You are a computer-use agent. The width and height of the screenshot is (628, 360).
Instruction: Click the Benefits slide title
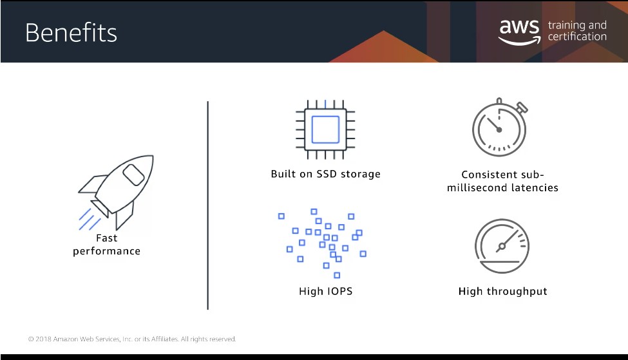tap(71, 32)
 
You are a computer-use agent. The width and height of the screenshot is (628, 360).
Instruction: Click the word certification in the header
tap(577, 37)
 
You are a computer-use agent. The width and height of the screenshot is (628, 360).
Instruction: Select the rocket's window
tap(133, 175)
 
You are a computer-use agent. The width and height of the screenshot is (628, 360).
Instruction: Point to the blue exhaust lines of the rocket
tap(90, 220)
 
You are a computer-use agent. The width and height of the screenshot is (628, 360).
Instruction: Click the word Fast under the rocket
tap(106, 238)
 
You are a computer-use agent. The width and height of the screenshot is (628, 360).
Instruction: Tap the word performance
tap(106, 251)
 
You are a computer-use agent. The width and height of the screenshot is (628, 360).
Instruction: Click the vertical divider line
tap(208, 205)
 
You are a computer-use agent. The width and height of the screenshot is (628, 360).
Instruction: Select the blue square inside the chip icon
tap(325, 129)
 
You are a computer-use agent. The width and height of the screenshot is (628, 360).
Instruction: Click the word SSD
tap(327, 174)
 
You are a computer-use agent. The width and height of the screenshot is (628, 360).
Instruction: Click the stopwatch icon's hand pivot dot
tap(499, 129)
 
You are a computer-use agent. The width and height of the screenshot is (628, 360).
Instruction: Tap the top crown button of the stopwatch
tap(499, 101)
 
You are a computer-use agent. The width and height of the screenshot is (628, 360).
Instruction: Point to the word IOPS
tap(339, 291)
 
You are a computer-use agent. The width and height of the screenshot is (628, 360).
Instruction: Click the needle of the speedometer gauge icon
tap(508, 240)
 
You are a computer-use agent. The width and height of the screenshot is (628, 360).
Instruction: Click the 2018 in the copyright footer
tap(43, 339)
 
